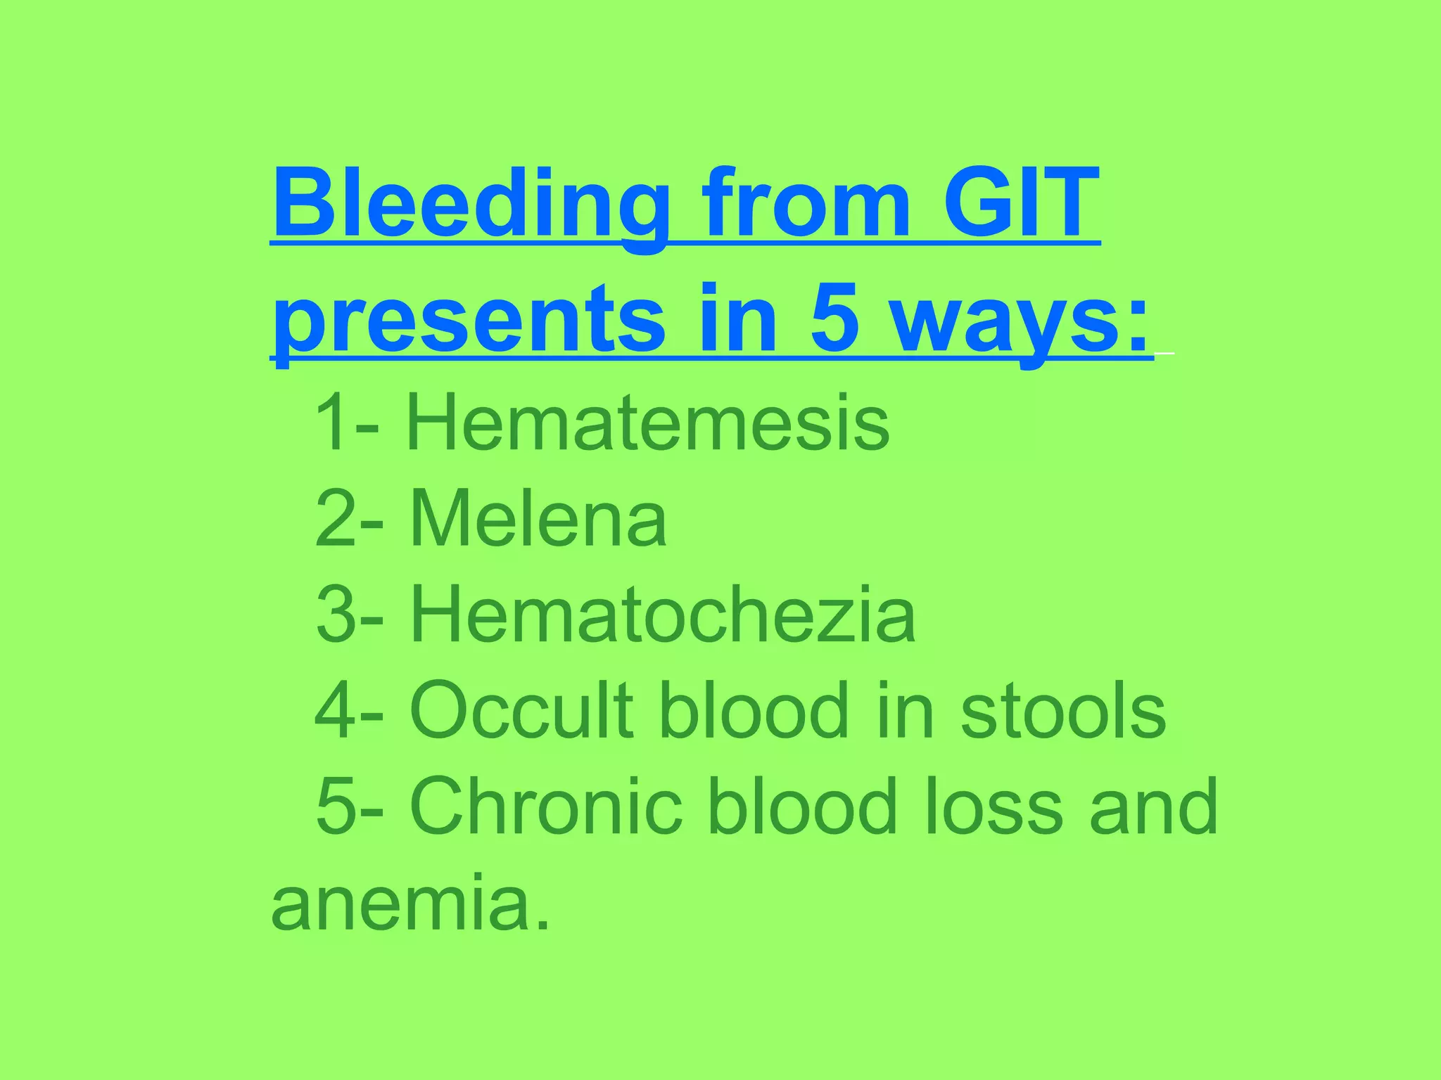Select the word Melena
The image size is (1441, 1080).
538,518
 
